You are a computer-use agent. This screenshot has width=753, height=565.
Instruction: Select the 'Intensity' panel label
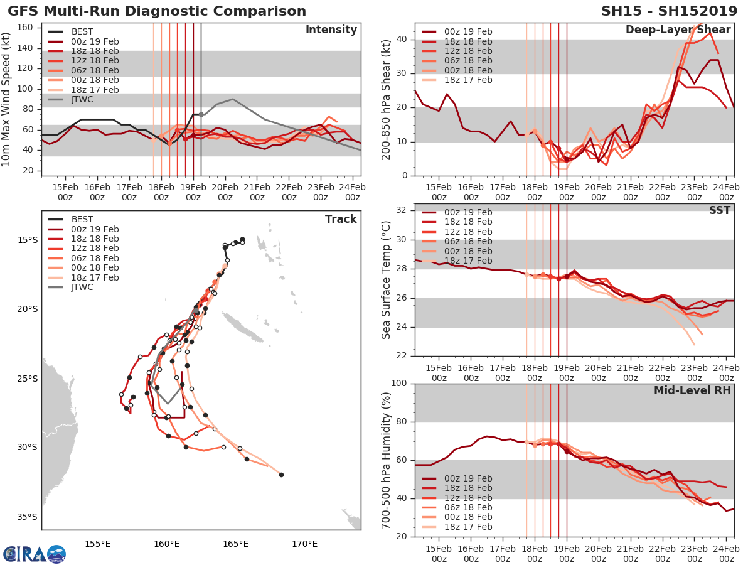point(331,30)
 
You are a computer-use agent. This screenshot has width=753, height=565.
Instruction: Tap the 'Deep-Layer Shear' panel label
point(678,30)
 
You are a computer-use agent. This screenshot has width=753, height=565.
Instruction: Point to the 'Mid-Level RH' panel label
point(692,390)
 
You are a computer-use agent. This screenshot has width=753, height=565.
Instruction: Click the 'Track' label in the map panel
point(341,219)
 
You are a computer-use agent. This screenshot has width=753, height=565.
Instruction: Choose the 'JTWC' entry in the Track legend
point(82,287)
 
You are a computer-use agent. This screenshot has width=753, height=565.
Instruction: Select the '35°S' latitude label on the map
point(27,517)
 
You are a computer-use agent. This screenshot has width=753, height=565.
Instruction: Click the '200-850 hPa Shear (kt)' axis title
point(387,99)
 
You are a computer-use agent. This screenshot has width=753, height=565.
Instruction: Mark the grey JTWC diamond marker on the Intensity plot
point(201,114)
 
